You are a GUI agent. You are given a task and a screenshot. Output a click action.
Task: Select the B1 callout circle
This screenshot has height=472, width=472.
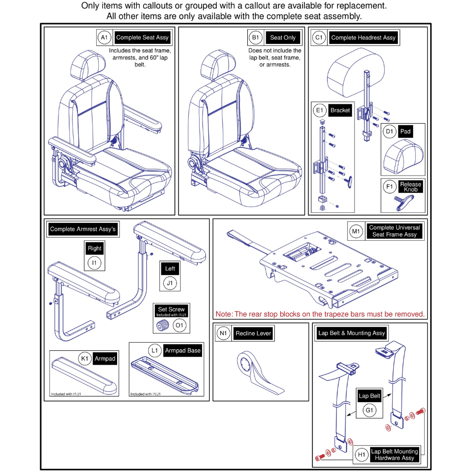[x=255, y=37]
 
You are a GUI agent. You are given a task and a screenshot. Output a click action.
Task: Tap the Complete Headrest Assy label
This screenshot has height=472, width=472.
[x=363, y=37]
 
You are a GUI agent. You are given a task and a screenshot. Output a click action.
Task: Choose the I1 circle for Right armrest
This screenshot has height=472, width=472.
[x=95, y=263]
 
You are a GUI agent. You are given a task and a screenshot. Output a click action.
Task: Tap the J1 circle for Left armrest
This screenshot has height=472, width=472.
[x=169, y=284]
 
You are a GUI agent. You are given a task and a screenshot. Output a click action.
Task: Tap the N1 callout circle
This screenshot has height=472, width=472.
[x=223, y=333]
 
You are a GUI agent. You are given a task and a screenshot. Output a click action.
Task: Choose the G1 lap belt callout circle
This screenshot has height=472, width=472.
[x=370, y=411]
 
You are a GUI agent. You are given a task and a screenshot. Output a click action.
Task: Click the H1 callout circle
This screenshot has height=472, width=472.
[x=362, y=455]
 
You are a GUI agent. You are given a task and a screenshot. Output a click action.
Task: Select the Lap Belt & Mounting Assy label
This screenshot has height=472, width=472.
[x=351, y=333]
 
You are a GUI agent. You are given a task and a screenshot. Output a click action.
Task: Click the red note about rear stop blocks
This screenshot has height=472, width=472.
[x=320, y=314]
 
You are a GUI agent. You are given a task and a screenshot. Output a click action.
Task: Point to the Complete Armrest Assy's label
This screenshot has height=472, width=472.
[x=83, y=229]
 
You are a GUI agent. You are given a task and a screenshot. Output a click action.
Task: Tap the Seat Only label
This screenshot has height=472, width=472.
[x=283, y=37]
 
